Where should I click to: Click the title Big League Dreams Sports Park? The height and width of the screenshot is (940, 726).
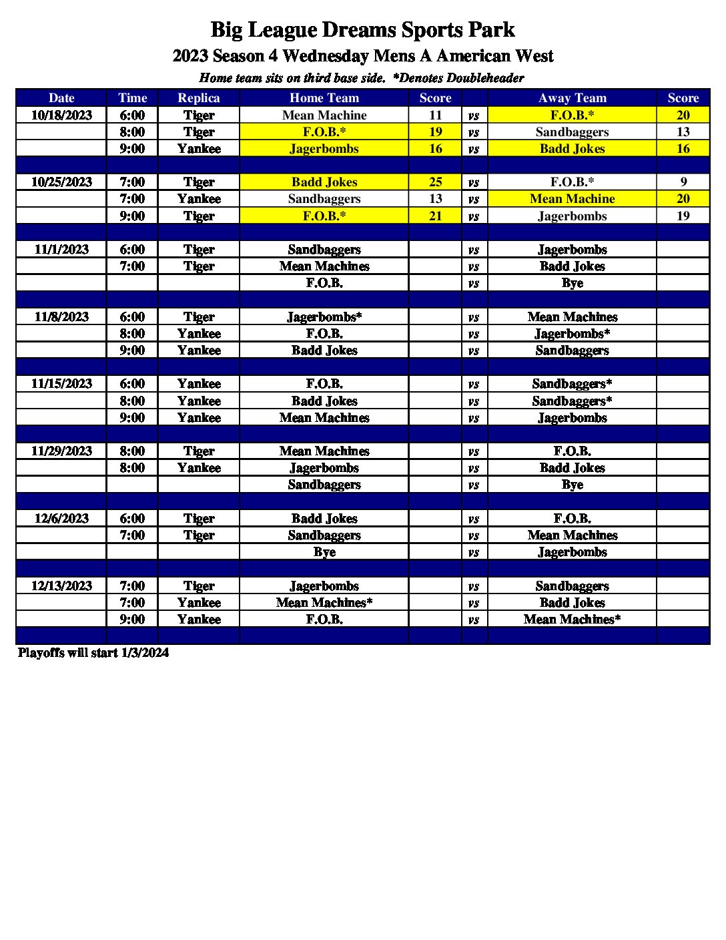(x=362, y=30)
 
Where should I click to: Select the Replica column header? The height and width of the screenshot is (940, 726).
(x=198, y=98)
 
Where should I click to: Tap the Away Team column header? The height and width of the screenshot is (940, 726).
(x=572, y=98)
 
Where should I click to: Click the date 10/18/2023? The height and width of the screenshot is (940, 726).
(x=61, y=115)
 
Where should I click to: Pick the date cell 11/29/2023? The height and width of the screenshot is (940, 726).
(x=61, y=451)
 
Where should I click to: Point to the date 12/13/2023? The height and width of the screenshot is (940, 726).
(x=61, y=585)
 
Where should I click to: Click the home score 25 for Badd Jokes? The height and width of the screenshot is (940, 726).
(x=435, y=182)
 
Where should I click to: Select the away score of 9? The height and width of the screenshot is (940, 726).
(x=683, y=182)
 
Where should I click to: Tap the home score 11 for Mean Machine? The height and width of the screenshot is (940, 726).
(x=435, y=115)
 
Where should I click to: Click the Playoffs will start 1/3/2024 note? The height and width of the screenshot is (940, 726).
(x=93, y=652)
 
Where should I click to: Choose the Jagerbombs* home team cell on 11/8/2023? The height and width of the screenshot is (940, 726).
(x=324, y=316)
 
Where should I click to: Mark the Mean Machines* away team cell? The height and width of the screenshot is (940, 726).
(x=572, y=619)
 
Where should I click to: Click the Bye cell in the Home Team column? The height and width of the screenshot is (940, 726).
(x=324, y=552)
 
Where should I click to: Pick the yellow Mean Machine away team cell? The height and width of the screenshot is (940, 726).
(x=572, y=198)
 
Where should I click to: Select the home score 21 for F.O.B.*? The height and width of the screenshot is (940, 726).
(x=435, y=216)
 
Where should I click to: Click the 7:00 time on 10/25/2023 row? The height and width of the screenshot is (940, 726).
(x=132, y=182)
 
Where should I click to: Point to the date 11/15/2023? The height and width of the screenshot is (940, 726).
(x=61, y=383)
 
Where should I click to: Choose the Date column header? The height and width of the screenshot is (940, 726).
(x=61, y=98)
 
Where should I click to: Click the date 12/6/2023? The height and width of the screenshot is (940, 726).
(x=61, y=518)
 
